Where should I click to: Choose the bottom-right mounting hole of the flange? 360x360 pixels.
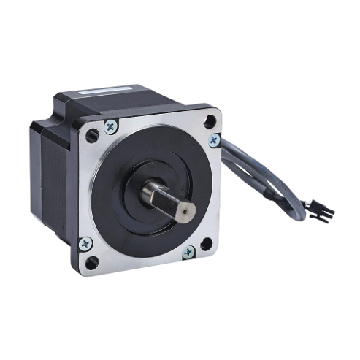(207, 244)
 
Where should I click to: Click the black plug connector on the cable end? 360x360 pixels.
(320, 212)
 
